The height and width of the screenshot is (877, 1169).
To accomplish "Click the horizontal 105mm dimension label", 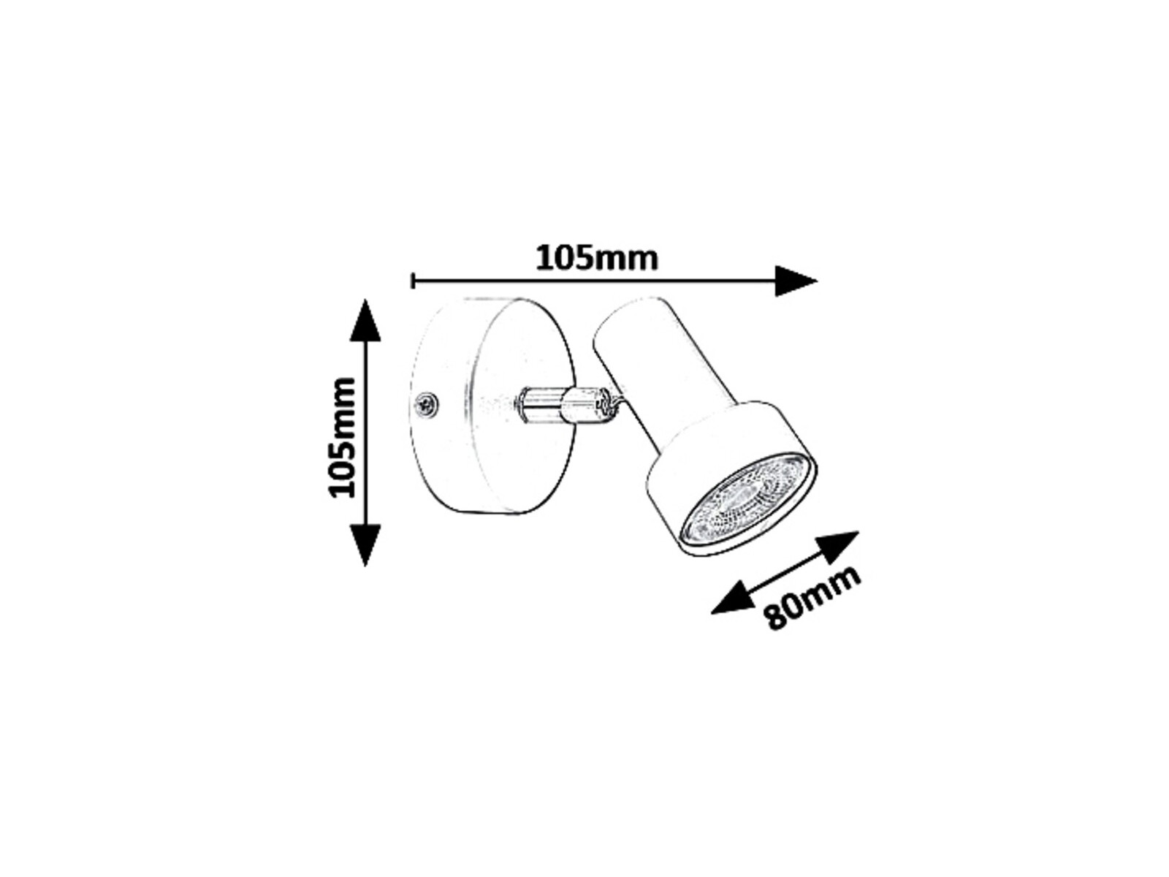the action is click(x=596, y=258).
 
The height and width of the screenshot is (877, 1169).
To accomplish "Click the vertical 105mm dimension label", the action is click(x=341, y=438).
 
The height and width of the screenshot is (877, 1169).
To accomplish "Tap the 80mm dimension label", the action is click(x=812, y=597).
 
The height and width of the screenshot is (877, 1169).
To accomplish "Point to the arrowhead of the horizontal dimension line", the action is click(x=795, y=281).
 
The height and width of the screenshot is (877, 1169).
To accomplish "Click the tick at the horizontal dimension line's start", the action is click(x=413, y=281).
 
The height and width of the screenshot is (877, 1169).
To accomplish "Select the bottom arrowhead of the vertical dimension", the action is click(x=365, y=544).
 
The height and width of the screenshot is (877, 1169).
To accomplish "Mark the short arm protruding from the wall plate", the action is click(x=541, y=406).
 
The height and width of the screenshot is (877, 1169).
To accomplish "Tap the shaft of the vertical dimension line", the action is click(x=365, y=433).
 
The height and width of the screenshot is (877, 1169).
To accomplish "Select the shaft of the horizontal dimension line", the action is click(x=595, y=281).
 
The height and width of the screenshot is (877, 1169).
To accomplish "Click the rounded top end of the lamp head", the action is click(x=628, y=315).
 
